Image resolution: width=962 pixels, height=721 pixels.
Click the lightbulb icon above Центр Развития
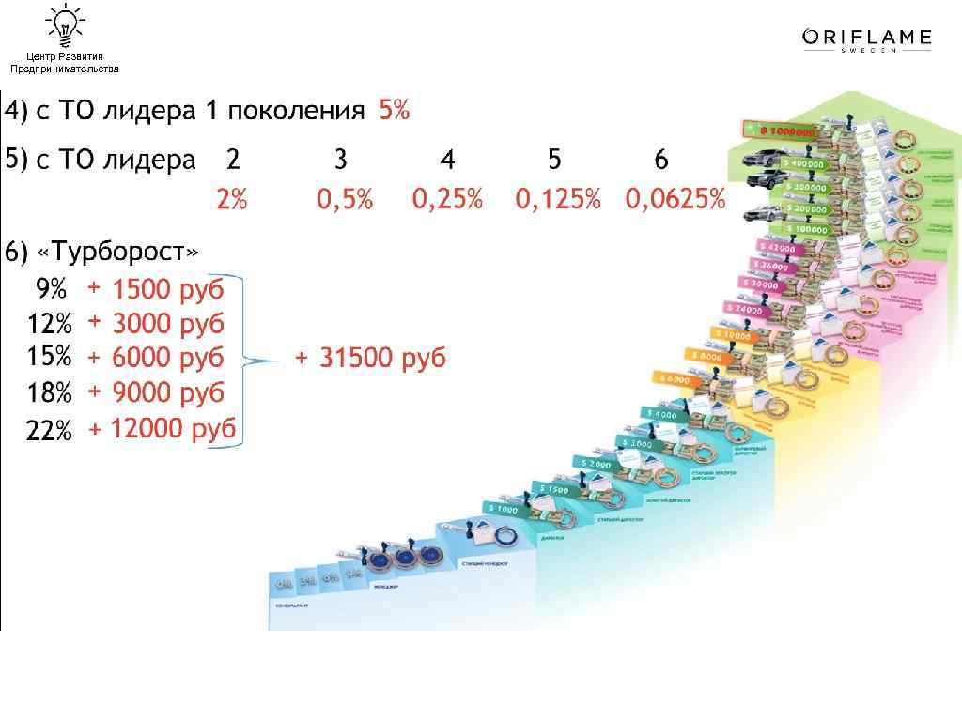tap(65, 24)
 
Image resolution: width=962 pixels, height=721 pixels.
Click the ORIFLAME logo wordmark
tap(866, 38)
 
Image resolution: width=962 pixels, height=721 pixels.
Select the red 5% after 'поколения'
tap(394, 111)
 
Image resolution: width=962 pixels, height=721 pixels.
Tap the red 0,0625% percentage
tap(675, 200)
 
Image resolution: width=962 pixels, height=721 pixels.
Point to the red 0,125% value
tap(557, 200)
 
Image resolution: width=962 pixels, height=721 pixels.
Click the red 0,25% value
tap(447, 200)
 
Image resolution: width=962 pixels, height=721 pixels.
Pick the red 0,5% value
tap(345, 200)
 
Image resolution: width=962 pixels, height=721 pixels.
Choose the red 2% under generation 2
tap(231, 200)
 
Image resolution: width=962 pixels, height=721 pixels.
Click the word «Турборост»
tap(117, 253)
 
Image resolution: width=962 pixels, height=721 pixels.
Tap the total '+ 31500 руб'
tap(370, 358)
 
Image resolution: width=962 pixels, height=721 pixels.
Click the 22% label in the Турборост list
tap(49, 431)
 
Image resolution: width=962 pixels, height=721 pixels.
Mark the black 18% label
tap(49, 392)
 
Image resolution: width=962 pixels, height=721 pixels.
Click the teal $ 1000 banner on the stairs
tap(501, 510)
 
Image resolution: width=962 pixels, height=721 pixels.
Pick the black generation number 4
tap(448, 161)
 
